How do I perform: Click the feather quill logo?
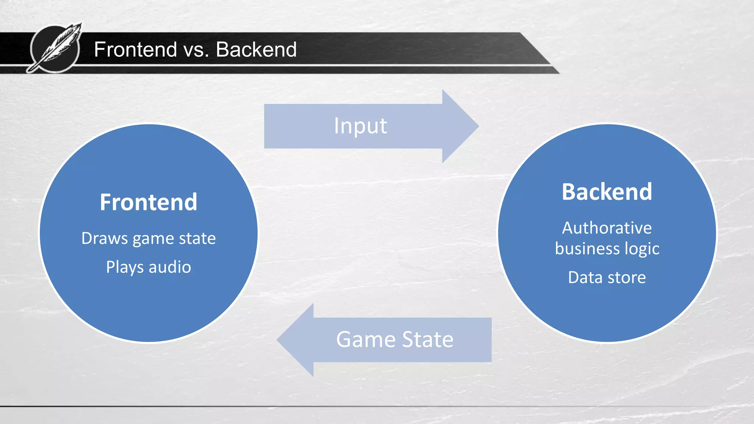55,48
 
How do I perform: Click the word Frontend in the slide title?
135,49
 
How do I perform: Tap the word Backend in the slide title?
256,49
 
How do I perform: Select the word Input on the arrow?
360,126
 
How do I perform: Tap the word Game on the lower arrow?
366,339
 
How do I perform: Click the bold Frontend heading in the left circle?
148,202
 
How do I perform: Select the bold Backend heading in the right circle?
607,192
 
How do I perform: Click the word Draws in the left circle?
104,239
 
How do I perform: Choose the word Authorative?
607,228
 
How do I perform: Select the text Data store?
607,278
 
